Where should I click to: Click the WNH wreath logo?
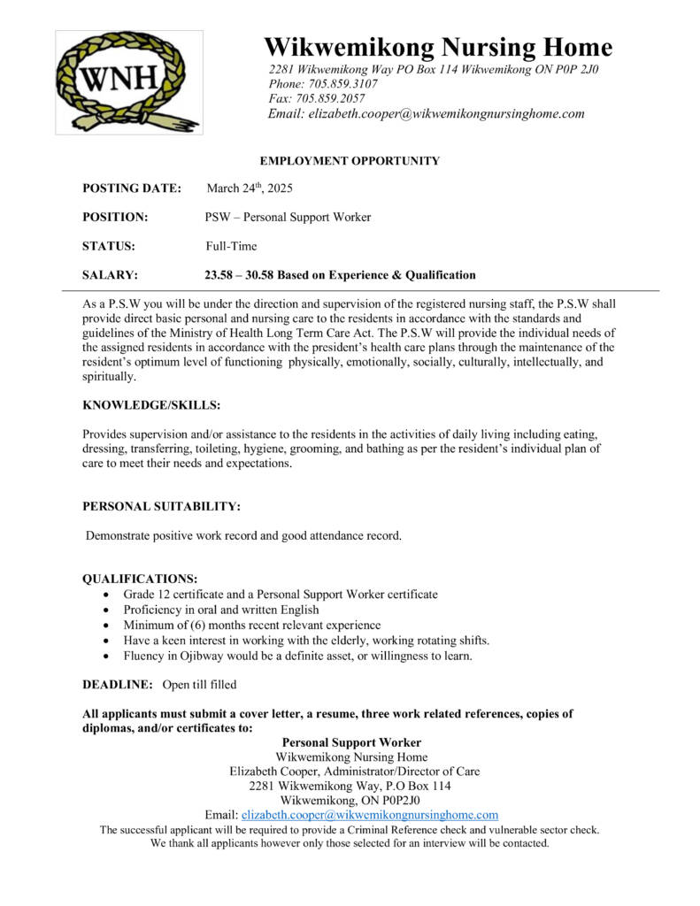tap(129, 82)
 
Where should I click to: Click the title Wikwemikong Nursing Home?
tap(438, 46)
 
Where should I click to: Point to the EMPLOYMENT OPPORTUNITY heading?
tap(350, 161)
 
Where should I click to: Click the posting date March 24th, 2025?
tap(250, 188)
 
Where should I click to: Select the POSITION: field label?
tap(115, 217)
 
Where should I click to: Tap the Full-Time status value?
tap(231, 246)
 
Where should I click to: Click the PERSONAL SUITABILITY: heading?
tap(161, 506)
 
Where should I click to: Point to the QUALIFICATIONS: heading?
tap(140, 579)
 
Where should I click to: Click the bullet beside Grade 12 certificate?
tap(107, 595)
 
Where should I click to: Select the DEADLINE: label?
tap(118, 685)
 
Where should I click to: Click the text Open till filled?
tap(200, 685)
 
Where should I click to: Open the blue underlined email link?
tap(370, 815)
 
